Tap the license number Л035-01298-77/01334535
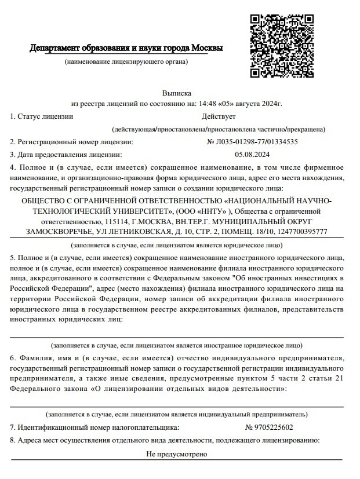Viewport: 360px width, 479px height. point(252,141)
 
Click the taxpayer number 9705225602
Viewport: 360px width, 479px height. point(270,427)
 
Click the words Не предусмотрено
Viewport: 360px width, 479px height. point(176,454)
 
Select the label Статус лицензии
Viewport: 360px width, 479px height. point(45,116)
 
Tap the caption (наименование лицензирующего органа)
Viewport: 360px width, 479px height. point(126,61)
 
